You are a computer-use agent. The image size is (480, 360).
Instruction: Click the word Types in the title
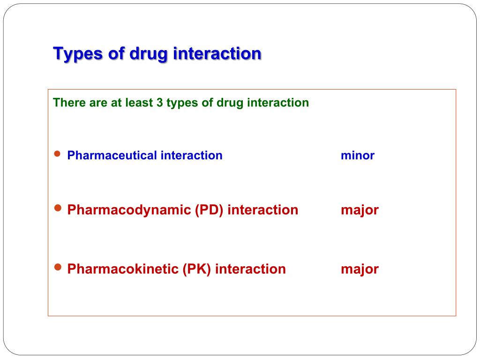tap(78, 54)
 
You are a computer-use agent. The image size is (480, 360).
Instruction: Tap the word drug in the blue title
tap(149, 54)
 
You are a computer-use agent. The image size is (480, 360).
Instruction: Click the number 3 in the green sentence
tap(160, 103)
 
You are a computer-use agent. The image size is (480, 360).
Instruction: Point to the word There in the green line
tap(69, 103)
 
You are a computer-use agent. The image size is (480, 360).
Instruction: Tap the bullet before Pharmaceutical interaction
tap(57, 154)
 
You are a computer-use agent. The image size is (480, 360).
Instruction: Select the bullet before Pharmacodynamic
tap(58, 208)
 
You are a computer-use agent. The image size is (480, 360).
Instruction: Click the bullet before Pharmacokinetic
tap(58, 267)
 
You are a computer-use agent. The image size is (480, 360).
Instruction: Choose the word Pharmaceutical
tap(112, 155)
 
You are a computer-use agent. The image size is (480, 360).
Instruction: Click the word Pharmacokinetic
tap(123, 269)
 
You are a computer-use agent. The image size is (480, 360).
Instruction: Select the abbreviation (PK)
tap(197, 269)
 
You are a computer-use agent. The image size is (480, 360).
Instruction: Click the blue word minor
tap(358, 156)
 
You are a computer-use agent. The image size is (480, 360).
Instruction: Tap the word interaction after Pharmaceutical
tap(192, 155)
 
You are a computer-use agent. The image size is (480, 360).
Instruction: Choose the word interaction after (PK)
tap(250, 269)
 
